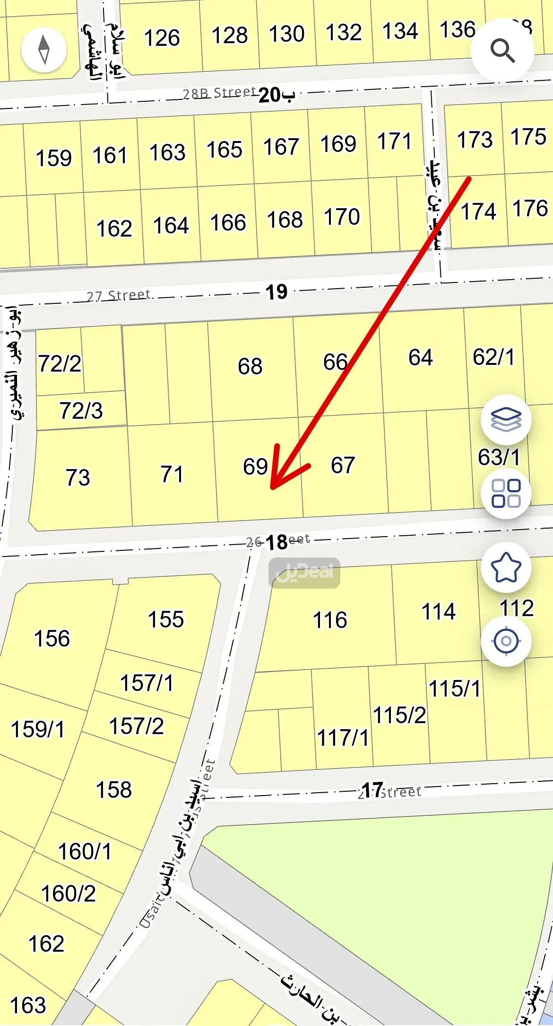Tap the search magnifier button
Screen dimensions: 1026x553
(502, 50)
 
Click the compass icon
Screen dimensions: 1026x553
(44, 49)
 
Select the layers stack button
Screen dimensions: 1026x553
(506, 419)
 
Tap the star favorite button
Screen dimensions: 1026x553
(506, 567)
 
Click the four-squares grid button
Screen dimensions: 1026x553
(506, 493)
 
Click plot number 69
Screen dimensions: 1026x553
(255, 467)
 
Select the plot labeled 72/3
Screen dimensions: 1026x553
(81, 411)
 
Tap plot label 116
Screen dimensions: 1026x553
(330, 620)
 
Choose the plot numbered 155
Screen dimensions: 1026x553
(165, 619)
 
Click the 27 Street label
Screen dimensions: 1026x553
(118, 296)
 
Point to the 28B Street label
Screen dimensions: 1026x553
(219, 93)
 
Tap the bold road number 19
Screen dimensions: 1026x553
(276, 292)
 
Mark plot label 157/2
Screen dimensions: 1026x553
(136, 726)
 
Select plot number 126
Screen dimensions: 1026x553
(162, 38)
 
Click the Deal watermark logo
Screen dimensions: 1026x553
(304, 573)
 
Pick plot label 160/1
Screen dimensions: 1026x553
(85, 852)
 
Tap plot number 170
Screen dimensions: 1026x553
(342, 217)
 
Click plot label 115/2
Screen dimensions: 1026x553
(399, 716)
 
